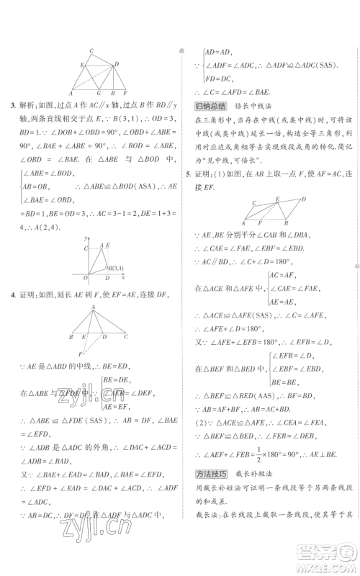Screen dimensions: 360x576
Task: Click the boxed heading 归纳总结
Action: click(x=209, y=107)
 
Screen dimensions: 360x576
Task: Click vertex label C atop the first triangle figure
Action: click(x=91, y=51)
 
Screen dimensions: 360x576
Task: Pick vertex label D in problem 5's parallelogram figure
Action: click(x=305, y=198)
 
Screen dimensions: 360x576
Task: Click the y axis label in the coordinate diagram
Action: click(x=86, y=238)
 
